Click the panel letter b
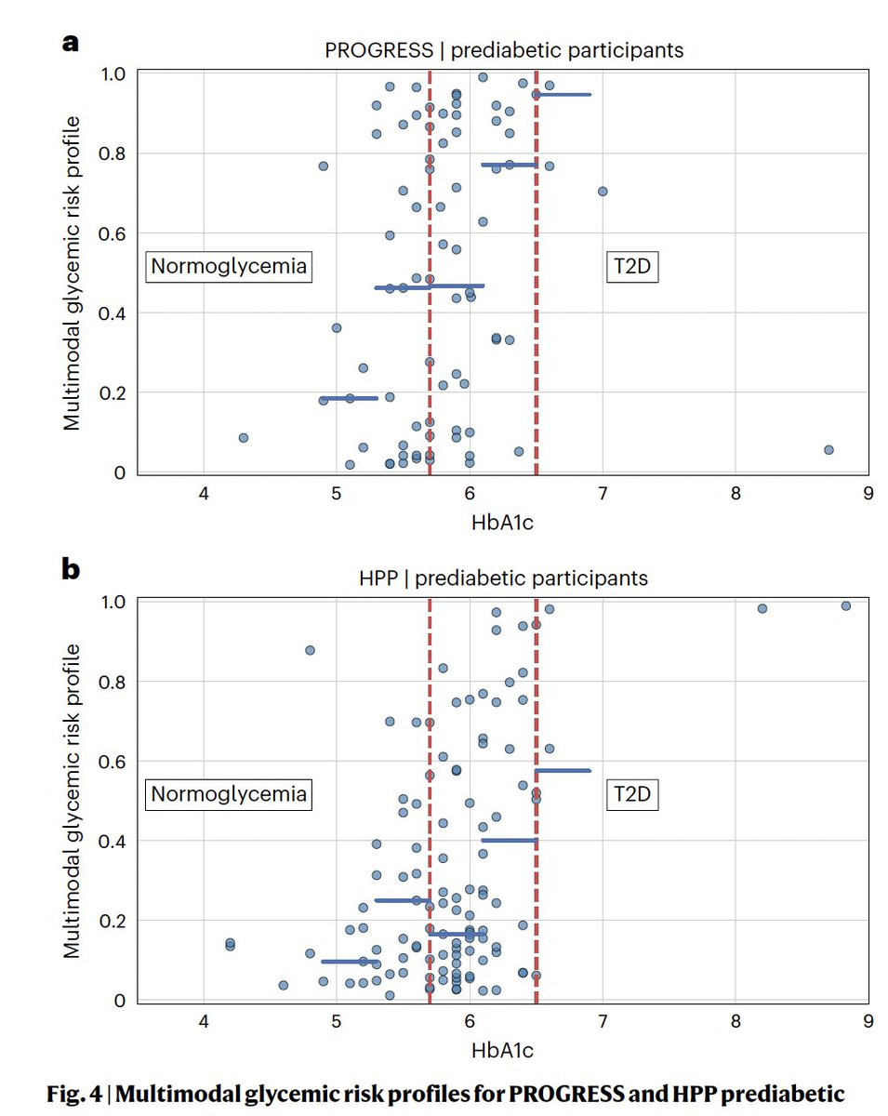tap(70, 568)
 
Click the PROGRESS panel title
tap(504, 50)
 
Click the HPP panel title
tap(503, 578)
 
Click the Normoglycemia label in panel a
tap(229, 267)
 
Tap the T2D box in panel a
tap(632, 267)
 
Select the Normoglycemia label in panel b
tap(229, 794)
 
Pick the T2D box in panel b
tap(632, 795)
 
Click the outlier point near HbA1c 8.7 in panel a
tap(828, 450)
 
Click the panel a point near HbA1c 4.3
tap(244, 438)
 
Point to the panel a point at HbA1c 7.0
tap(603, 192)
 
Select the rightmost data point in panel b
tap(846, 606)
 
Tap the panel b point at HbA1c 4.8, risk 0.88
tap(310, 650)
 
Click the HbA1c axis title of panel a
tap(503, 523)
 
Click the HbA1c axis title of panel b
tap(503, 1051)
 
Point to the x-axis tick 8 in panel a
tap(735, 493)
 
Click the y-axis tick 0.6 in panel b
tap(113, 762)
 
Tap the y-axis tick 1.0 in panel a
tap(113, 73)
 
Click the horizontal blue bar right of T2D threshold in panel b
tap(563, 771)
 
